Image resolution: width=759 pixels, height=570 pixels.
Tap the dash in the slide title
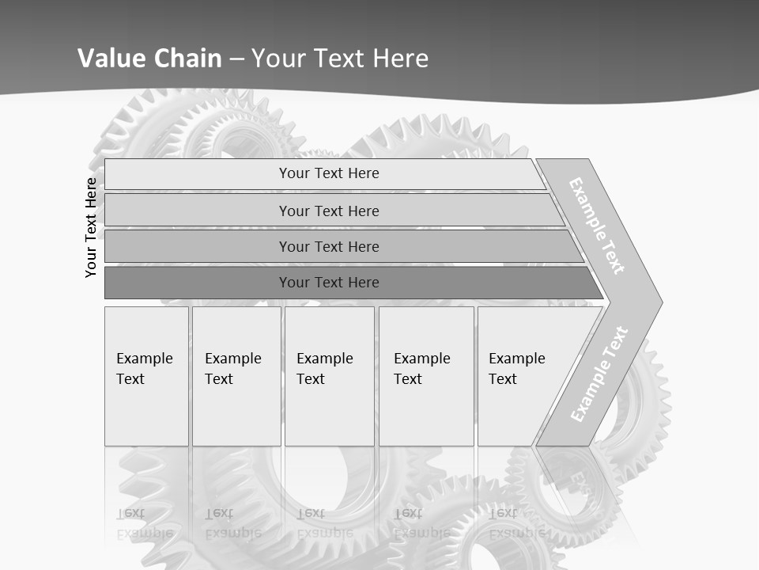(x=236, y=59)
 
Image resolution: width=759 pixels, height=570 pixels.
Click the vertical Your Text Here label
(x=91, y=227)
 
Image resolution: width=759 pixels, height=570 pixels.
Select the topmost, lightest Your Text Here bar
(x=329, y=173)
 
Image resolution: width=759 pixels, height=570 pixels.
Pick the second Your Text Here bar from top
(x=329, y=211)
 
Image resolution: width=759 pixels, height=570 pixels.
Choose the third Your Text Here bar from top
(x=329, y=246)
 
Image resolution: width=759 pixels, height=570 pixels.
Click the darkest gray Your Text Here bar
(x=329, y=283)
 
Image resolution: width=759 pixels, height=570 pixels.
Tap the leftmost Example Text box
(x=146, y=376)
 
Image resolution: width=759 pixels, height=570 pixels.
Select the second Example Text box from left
(x=236, y=376)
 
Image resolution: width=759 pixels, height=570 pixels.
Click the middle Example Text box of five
(x=328, y=376)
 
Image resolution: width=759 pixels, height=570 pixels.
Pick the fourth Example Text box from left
(x=425, y=376)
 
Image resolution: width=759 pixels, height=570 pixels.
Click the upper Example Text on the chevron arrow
(x=597, y=226)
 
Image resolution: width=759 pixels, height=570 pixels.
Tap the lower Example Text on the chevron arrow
(x=599, y=374)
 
